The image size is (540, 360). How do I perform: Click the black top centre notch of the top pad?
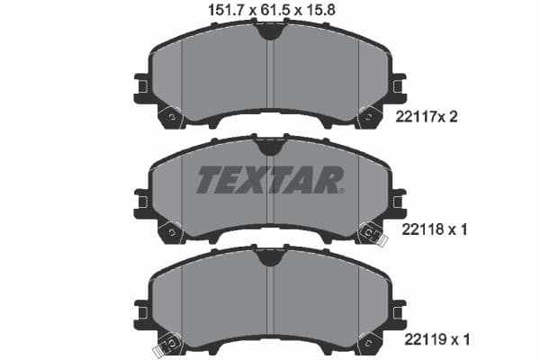tap(268, 31)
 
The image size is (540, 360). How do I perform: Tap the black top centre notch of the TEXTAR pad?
tap(268, 146)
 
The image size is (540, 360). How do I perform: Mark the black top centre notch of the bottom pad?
tap(268, 259)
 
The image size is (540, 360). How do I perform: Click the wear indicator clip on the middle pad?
tap(371, 233)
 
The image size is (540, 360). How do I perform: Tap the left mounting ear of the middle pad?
tap(141, 202)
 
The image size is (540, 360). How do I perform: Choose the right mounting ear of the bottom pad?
tap(396, 314)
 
